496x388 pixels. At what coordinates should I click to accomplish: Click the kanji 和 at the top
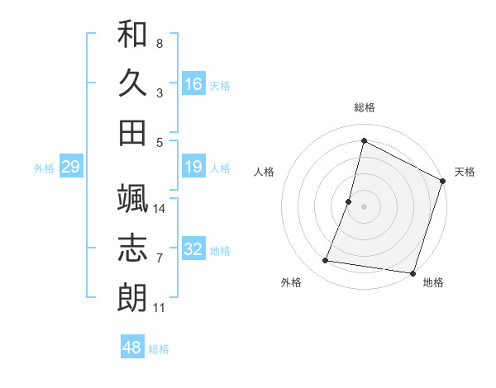[x=132, y=35]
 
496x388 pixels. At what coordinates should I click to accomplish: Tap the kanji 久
[x=132, y=83]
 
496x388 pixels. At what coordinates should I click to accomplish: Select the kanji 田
[x=132, y=132]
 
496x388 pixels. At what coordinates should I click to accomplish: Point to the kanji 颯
[x=132, y=199]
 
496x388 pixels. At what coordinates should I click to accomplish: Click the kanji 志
[x=132, y=248]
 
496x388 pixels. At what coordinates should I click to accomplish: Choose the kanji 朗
[x=132, y=297]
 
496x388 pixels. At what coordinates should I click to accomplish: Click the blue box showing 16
[x=193, y=83]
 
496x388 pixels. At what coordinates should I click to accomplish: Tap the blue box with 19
[x=193, y=168]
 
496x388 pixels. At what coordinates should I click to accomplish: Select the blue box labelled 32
[x=193, y=249]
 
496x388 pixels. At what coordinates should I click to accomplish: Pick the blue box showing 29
[x=70, y=168]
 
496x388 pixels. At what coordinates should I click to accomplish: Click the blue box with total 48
[x=132, y=348]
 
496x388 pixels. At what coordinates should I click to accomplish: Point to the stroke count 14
[x=160, y=209]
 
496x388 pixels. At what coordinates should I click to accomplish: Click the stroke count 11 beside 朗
[x=160, y=308]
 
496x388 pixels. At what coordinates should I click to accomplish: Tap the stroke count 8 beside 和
[x=160, y=43]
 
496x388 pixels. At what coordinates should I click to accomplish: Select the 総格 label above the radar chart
[x=364, y=108]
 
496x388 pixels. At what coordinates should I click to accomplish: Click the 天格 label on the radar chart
[x=465, y=172]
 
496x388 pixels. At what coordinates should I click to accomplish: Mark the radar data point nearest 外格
[x=326, y=261]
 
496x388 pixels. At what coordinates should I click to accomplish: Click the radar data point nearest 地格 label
[x=412, y=273]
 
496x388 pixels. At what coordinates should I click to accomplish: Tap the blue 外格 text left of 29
[x=44, y=168]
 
